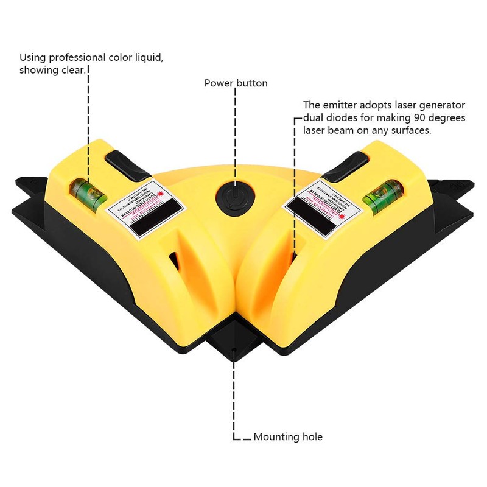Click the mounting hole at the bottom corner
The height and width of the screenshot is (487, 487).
[234, 350]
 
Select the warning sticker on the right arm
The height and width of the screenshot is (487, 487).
[320, 209]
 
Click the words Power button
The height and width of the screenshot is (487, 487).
[236, 83]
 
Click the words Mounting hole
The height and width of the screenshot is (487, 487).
[288, 437]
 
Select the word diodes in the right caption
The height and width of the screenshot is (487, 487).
[338, 117]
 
